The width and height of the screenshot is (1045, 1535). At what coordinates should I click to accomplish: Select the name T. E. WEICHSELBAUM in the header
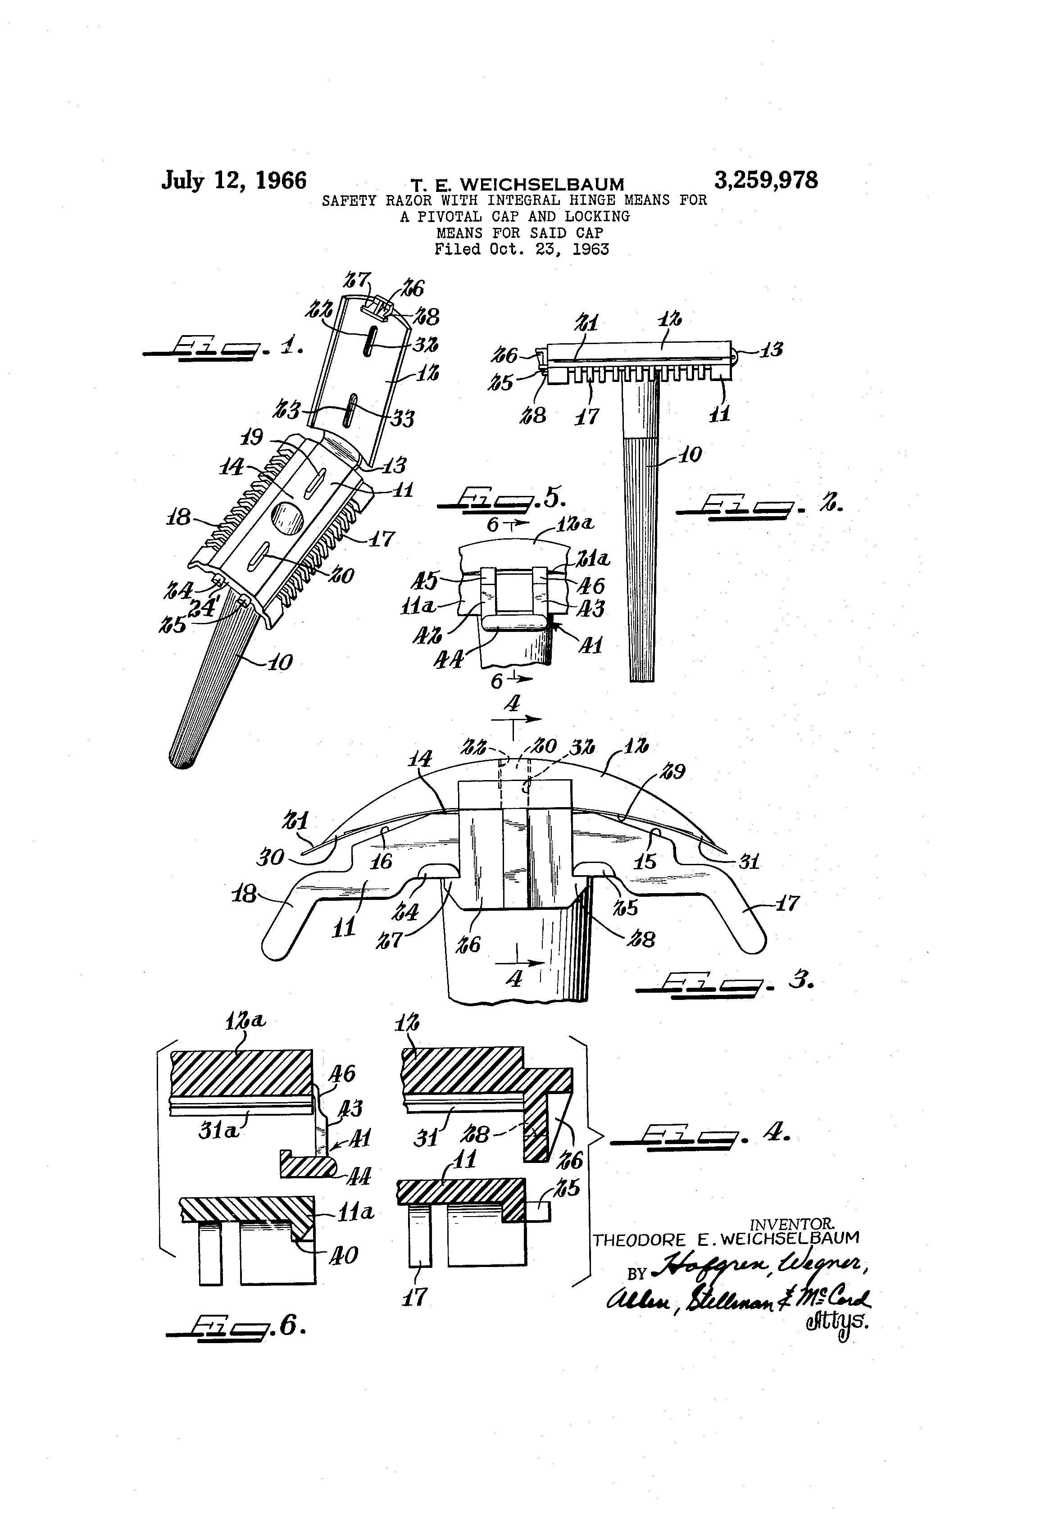pyautogui.click(x=517, y=185)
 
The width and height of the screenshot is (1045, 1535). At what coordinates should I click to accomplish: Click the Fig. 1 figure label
pyautogui.click(x=225, y=347)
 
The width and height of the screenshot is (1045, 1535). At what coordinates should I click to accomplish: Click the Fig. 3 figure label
pyautogui.click(x=723, y=982)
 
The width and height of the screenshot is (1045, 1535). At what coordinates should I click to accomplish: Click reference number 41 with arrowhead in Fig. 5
pyautogui.click(x=590, y=644)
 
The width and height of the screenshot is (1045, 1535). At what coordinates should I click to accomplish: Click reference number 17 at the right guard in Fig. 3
pyautogui.click(x=786, y=903)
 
